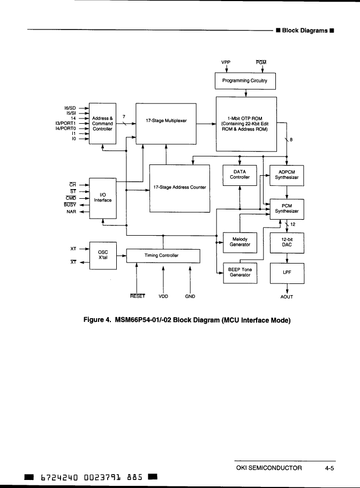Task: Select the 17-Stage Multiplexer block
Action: [x=166, y=121]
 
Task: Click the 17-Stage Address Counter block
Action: [x=179, y=187]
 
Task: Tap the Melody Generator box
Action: [x=239, y=242]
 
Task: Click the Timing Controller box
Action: [x=163, y=256]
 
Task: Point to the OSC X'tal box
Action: [x=103, y=254]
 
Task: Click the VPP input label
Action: [x=226, y=62]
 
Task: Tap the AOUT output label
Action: [x=288, y=296]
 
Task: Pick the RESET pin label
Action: [x=137, y=296]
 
